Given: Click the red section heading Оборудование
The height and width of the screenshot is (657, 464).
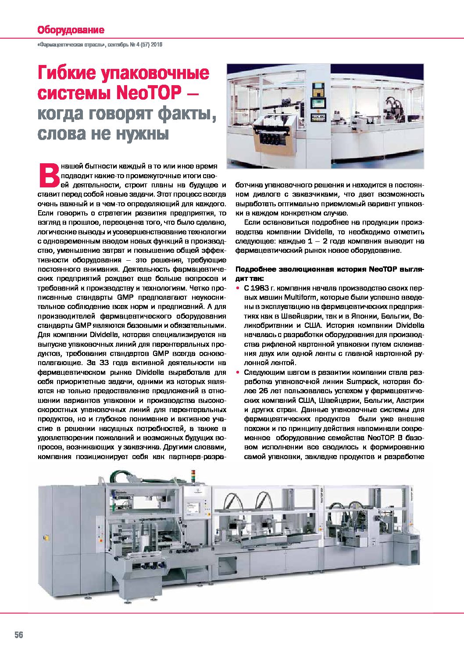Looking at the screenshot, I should click(x=71, y=30).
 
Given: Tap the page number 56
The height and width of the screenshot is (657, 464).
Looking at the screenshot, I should click(x=18, y=635).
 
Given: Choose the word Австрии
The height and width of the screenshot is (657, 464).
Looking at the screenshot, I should click(x=410, y=400).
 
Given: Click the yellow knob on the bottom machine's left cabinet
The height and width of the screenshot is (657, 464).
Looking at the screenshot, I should click(x=45, y=536).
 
